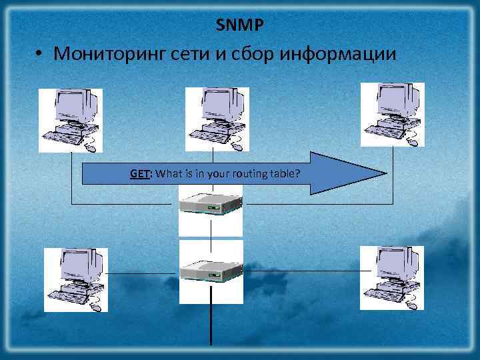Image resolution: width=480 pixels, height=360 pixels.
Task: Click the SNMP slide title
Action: (x=240, y=25)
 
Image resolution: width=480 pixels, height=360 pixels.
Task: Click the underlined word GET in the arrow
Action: (x=139, y=174)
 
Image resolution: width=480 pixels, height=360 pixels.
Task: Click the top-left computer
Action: (x=71, y=120)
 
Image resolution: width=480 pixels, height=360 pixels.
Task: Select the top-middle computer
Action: (x=217, y=119)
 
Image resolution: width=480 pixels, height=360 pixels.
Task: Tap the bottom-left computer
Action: (x=75, y=279)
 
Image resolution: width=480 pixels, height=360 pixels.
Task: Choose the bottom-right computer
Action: (x=392, y=277)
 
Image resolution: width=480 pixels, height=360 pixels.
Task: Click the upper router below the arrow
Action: (x=211, y=207)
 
